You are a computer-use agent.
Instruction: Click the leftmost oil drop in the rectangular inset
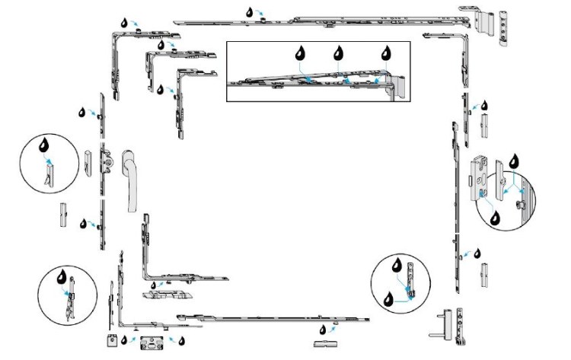[x=301, y=54]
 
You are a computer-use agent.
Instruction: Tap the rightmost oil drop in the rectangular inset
[x=385, y=54]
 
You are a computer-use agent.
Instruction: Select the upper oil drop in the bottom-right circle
[x=397, y=267]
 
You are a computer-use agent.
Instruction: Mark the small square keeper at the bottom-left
[x=111, y=341]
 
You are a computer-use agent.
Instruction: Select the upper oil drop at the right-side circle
[x=513, y=160]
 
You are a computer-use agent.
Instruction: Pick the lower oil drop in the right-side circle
[x=496, y=217]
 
